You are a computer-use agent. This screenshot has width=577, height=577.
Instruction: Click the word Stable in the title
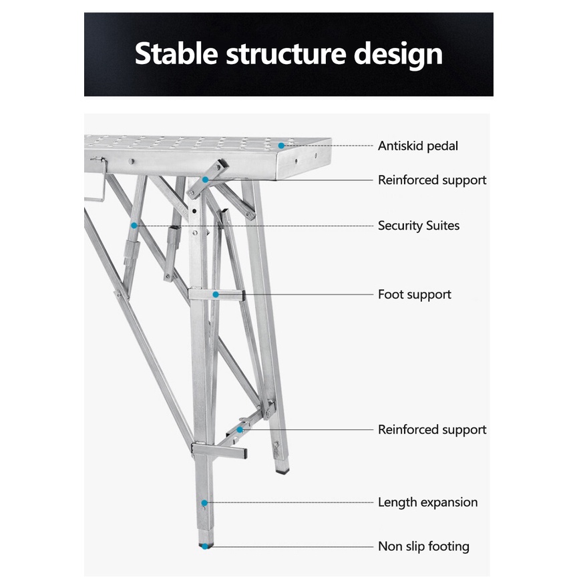coord(176,54)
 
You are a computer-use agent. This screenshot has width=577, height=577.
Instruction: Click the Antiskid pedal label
coord(418,146)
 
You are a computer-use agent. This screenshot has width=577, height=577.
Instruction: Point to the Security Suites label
coord(419,226)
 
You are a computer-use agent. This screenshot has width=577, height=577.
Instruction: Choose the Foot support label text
coord(414,295)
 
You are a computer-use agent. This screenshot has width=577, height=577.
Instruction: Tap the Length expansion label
coord(427,502)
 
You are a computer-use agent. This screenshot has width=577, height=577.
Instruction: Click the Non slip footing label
coord(423,546)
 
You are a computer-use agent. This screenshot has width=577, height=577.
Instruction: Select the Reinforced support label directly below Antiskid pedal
coord(432,180)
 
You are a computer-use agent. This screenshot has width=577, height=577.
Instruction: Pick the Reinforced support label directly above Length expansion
coord(432,429)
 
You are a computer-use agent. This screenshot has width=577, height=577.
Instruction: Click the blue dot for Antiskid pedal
coord(282,145)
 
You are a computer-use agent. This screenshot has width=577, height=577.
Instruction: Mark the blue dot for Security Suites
coord(134,226)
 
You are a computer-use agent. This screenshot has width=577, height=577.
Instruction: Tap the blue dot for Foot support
coord(216,294)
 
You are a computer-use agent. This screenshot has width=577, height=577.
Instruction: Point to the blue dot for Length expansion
coord(204,502)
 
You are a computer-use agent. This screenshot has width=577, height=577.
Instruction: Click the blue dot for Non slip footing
coord(204,546)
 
